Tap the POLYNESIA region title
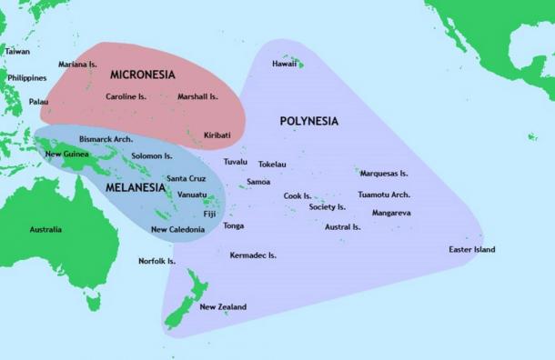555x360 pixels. point(308,121)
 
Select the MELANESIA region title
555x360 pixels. point(136,187)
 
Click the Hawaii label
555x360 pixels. point(284,64)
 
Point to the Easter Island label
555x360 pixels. point(472,249)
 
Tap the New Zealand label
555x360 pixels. point(223,307)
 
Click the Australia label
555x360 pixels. point(45,229)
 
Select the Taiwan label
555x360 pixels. point(17,52)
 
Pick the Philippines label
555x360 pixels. point(26,78)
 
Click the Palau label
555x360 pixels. point(39,102)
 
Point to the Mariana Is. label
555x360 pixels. point(77,65)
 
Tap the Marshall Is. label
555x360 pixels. point(197,96)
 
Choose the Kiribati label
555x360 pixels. point(217,135)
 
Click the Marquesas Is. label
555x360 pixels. point(384,173)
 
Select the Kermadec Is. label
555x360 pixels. point(253,255)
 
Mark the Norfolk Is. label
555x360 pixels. point(156,261)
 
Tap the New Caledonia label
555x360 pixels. point(177,230)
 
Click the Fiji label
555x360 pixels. point(209,214)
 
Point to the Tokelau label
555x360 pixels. point(272,165)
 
